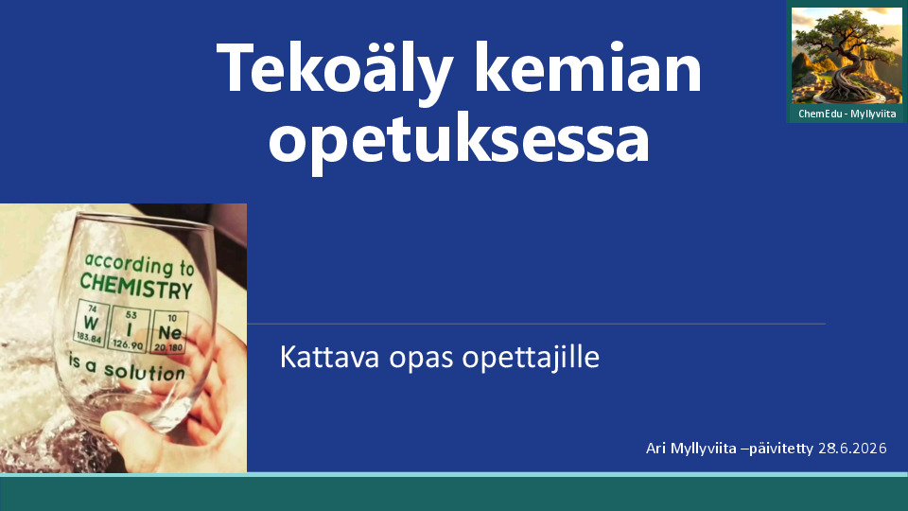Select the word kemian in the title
587,67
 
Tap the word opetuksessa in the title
460,141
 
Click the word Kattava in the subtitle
329,357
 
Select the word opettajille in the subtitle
531,358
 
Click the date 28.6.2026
852,448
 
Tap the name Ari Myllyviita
690,449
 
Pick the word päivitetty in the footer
780,449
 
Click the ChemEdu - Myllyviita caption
847,114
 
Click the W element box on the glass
91,324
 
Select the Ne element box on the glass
169,332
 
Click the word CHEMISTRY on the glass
136,286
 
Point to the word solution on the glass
145,372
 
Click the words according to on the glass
140,265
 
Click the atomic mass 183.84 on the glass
89,339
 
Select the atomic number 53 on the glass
131,314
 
